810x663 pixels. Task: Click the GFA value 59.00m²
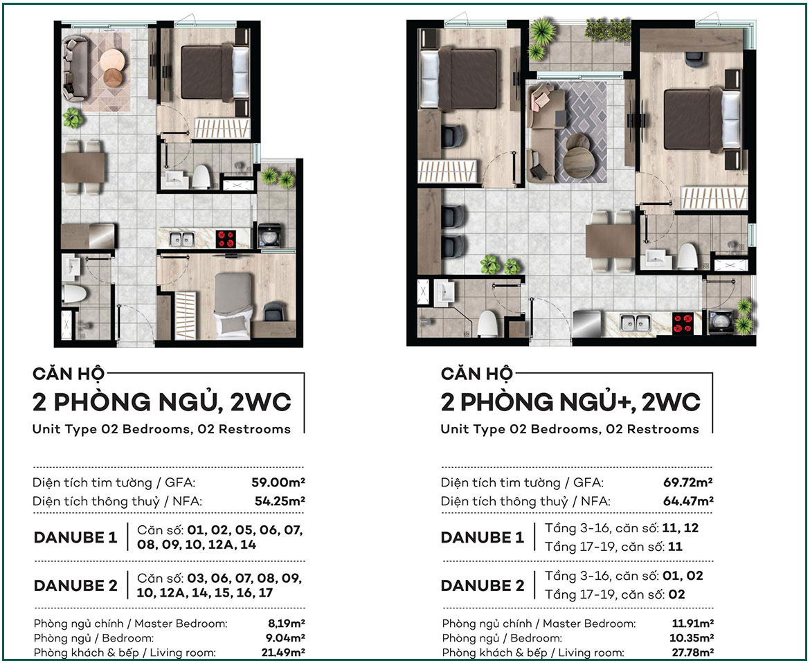(278, 482)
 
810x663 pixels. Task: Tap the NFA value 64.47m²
(688, 501)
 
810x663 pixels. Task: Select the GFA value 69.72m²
(688, 482)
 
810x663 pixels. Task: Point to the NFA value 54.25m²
(280, 501)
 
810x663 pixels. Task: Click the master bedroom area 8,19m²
(286, 624)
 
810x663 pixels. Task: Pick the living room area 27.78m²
(693, 652)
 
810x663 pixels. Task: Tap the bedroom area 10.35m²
(692, 637)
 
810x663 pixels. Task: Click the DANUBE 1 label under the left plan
(75, 538)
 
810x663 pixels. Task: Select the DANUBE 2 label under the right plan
(483, 585)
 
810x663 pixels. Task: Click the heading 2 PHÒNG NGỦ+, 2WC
(570, 402)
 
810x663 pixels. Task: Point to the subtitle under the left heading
(161, 429)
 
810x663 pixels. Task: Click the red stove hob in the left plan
(226, 239)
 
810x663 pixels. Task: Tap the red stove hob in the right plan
(683, 323)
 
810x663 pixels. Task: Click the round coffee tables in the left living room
(112, 68)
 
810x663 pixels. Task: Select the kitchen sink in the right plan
(636, 323)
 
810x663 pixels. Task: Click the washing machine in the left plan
(269, 235)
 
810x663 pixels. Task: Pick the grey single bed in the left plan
(233, 305)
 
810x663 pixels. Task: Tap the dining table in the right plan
(610, 241)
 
